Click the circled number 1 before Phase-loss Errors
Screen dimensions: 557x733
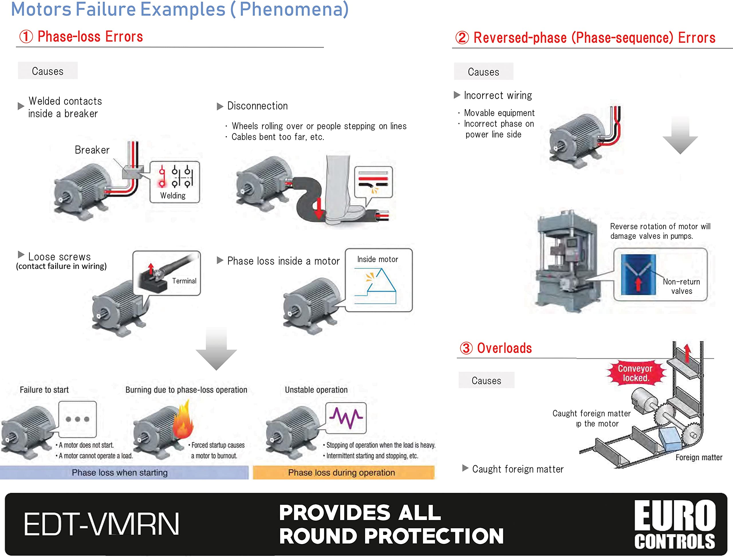(x=26, y=36)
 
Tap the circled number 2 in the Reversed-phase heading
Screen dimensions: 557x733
(x=462, y=38)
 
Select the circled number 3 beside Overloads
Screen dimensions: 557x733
(x=466, y=348)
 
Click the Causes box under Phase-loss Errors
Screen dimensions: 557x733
(x=48, y=71)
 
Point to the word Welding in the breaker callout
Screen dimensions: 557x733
(x=173, y=196)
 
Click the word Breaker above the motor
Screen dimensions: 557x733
(x=92, y=150)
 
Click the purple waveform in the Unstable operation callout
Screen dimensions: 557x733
(x=346, y=418)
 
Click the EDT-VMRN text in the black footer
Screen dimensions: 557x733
(x=101, y=524)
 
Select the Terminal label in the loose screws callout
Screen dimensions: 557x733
(x=184, y=281)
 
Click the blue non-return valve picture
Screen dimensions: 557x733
(x=638, y=275)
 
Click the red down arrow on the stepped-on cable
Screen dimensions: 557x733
(x=319, y=208)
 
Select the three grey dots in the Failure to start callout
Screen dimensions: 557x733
(x=77, y=419)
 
